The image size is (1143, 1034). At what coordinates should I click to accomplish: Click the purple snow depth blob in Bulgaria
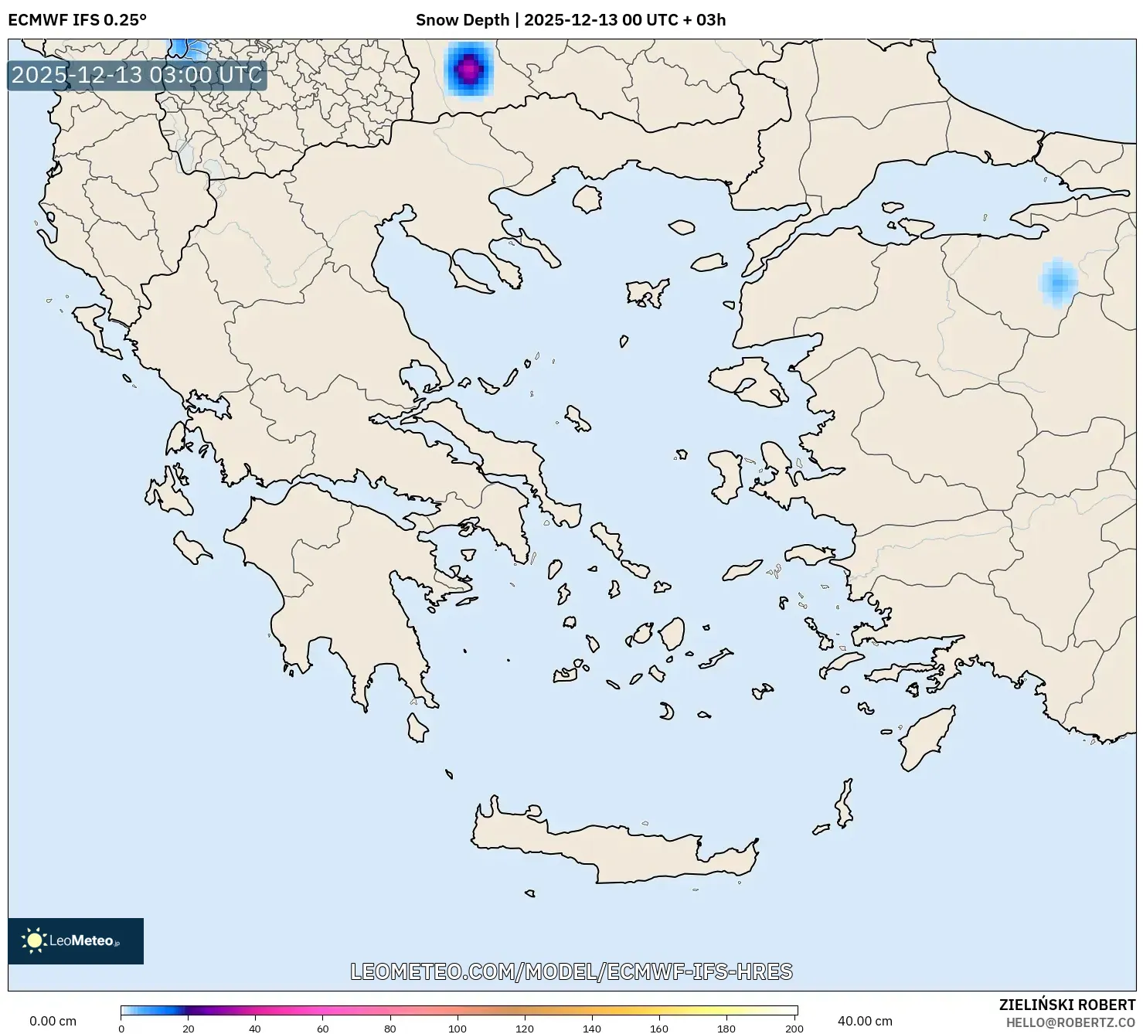point(468,70)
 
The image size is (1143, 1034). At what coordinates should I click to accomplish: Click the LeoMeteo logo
point(76,940)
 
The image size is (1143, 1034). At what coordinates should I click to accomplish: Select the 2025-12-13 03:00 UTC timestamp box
point(137,75)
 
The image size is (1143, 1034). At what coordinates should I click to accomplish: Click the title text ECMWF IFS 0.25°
point(77,20)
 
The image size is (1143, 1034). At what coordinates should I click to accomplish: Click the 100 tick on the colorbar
point(458,1028)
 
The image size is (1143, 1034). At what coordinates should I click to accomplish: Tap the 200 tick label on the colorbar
point(794,1028)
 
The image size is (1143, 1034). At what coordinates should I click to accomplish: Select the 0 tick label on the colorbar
point(121,1028)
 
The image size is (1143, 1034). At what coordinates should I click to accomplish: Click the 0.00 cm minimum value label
point(53,1021)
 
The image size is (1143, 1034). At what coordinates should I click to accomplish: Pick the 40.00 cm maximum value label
point(865,1021)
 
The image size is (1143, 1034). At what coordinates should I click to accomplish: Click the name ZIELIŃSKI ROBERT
point(1066,1005)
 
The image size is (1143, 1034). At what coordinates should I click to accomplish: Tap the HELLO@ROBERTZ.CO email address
point(1070,1022)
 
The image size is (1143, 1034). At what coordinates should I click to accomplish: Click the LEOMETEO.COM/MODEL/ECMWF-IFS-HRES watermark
point(571,971)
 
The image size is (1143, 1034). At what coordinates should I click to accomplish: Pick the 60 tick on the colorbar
point(323,1028)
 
